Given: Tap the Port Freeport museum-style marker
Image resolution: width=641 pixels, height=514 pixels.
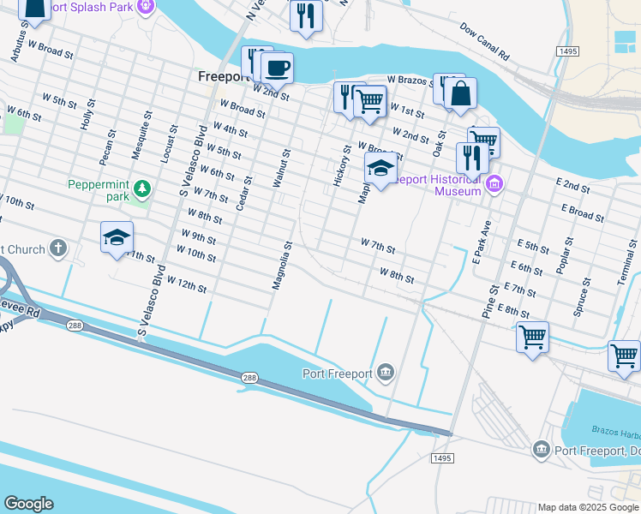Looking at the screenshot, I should coord(386,372).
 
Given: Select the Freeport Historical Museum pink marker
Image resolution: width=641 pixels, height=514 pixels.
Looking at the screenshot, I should coord(494,184).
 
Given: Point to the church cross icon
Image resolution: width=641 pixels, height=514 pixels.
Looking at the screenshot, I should coord(57,249).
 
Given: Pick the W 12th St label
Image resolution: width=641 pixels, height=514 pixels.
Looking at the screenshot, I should coord(187,284).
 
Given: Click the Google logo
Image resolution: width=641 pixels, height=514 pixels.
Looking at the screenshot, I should coord(28,504).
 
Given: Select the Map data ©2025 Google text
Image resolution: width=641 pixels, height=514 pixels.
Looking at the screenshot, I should coord(588,507).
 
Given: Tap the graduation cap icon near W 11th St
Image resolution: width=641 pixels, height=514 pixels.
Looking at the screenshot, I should coord(117,237).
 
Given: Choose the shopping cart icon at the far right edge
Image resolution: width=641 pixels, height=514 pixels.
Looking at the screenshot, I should coord(624,355).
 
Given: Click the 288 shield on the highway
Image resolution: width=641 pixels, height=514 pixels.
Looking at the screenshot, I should coord(249,378).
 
